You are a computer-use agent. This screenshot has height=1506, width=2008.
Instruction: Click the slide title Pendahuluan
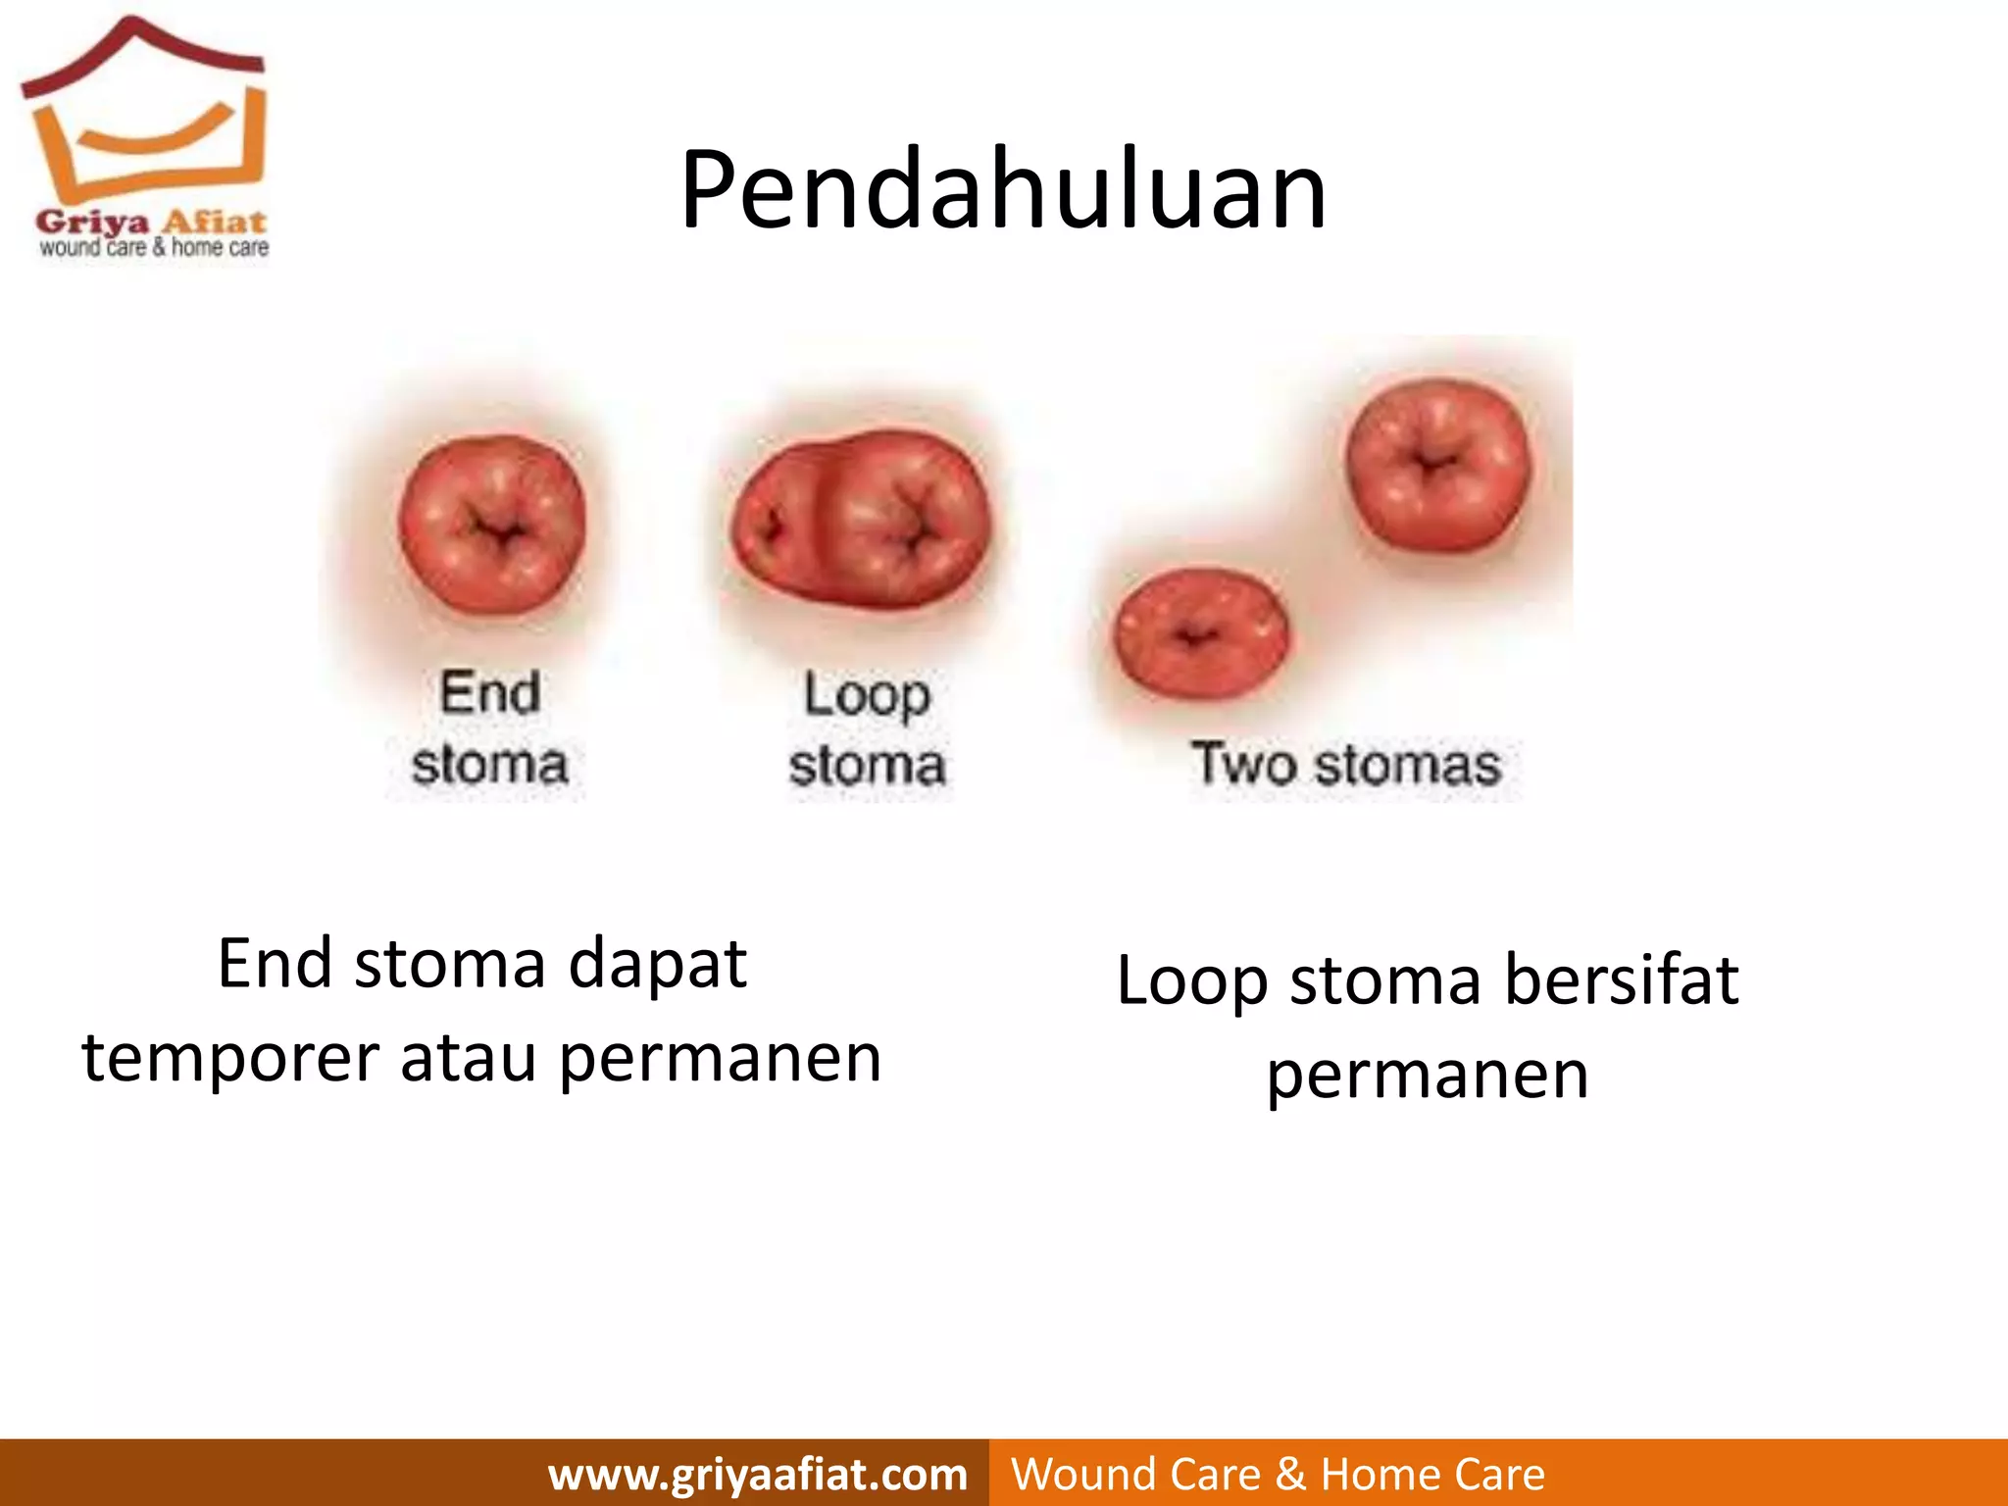[x=1003, y=190]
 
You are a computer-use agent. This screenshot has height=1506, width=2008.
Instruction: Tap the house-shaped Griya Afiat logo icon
[x=144, y=113]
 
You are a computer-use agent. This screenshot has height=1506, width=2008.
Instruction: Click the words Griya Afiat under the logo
[x=151, y=222]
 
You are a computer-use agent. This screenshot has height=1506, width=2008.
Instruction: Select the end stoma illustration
[x=492, y=525]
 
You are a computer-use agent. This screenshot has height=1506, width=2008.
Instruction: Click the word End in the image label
[x=489, y=693]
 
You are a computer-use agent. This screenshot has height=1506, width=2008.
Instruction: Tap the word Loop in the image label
[x=867, y=695]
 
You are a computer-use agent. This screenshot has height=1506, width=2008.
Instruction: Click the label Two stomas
[x=1345, y=764]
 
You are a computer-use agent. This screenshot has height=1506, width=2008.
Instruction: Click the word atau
[x=468, y=1059]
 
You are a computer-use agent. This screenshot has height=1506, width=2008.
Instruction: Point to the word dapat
[x=658, y=965]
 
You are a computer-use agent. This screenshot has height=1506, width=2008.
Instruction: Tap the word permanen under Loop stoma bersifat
[x=1427, y=1076]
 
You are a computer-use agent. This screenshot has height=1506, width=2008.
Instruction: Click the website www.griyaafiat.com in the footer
[x=757, y=1474]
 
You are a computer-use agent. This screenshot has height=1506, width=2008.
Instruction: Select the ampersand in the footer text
[x=1290, y=1474]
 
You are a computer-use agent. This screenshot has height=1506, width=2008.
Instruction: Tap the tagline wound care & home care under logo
[x=154, y=248]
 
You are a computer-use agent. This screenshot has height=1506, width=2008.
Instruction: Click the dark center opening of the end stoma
[x=499, y=532]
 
